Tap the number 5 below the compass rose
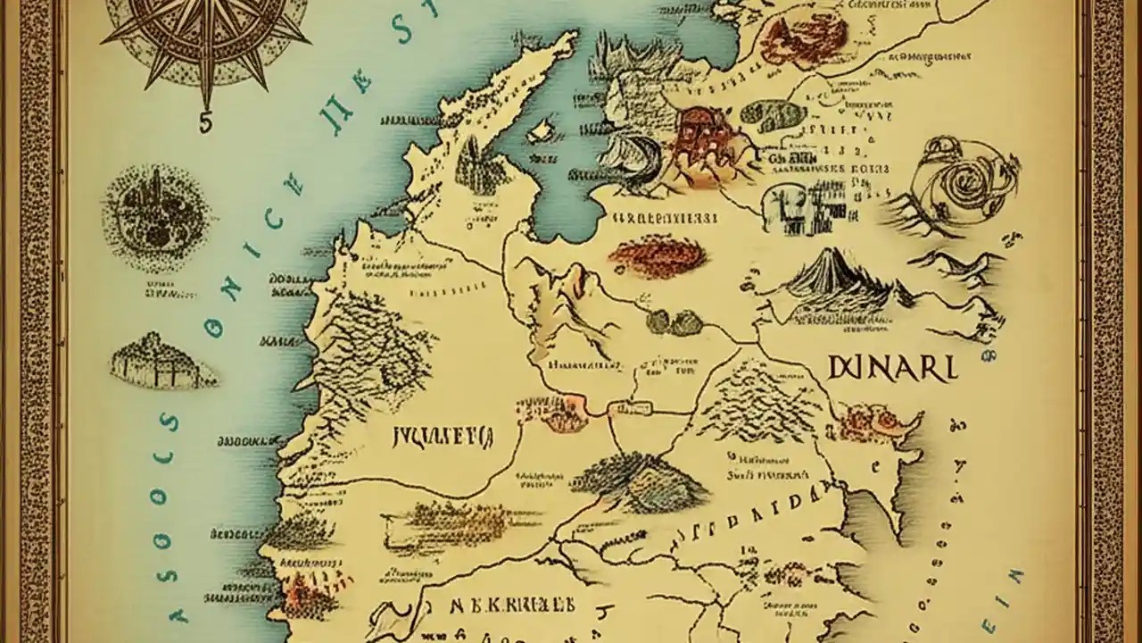(205, 125)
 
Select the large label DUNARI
(891, 367)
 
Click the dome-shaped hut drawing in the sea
(161, 361)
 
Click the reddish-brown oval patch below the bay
(658, 256)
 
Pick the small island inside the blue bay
(541, 132)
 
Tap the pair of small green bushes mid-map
(674, 321)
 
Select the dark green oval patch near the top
(773, 115)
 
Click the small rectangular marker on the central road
(628, 409)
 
